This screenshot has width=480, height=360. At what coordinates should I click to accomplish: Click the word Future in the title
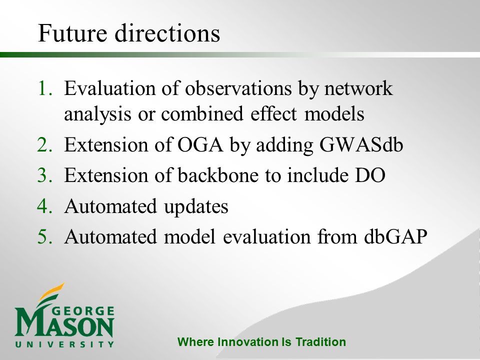72,32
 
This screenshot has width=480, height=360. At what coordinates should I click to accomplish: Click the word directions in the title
167,32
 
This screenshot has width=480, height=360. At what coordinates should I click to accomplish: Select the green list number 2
44,144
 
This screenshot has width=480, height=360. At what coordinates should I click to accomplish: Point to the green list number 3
44,175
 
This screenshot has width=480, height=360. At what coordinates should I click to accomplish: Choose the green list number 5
44,236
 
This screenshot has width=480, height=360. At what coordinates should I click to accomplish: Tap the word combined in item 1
202,113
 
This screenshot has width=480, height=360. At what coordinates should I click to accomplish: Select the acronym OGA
200,144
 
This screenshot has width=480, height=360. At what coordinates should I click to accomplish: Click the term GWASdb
361,144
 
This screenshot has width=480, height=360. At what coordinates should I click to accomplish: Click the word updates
196,207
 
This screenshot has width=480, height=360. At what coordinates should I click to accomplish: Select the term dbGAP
396,236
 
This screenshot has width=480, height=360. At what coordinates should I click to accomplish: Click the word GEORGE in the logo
83,311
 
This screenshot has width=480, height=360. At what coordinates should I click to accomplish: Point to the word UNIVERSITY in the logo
64,344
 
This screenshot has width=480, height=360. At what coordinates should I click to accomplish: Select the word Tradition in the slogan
320,342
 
